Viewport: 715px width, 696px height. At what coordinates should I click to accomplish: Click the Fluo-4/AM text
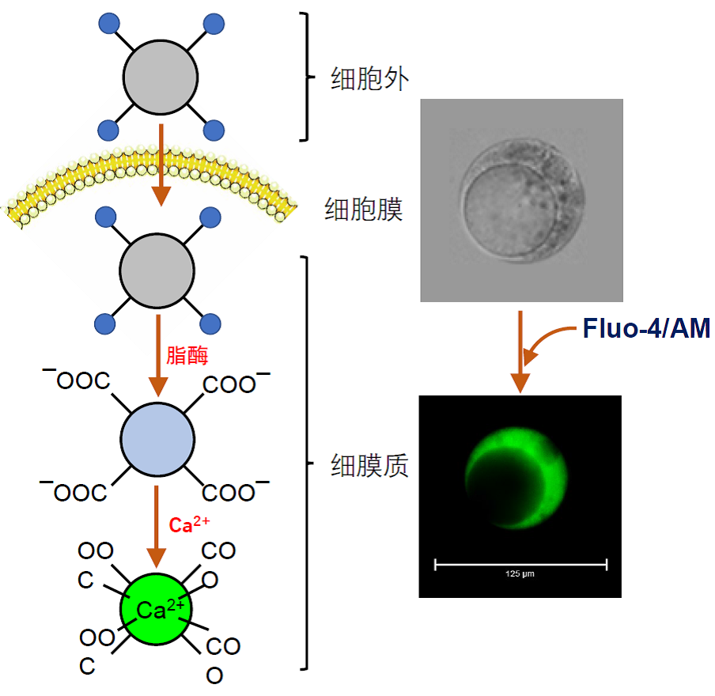click(x=646, y=329)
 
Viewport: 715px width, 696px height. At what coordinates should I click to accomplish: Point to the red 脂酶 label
click(x=187, y=356)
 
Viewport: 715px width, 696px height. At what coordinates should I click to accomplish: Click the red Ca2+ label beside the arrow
click(x=190, y=524)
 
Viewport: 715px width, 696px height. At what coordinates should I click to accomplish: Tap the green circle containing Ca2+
click(x=157, y=611)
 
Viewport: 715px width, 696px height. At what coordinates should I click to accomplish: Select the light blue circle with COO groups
click(x=157, y=440)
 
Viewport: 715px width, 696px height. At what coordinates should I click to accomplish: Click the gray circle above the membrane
click(x=160, y=78)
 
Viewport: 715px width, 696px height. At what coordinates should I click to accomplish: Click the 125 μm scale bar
click(x=520, y=565)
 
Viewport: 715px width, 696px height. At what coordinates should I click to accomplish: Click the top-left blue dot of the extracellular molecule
click(x=108, y=24)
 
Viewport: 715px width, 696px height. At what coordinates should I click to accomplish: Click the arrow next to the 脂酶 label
click(x=159, y=356)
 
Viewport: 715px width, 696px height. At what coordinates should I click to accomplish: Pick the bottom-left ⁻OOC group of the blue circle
click(x=74, y=491)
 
